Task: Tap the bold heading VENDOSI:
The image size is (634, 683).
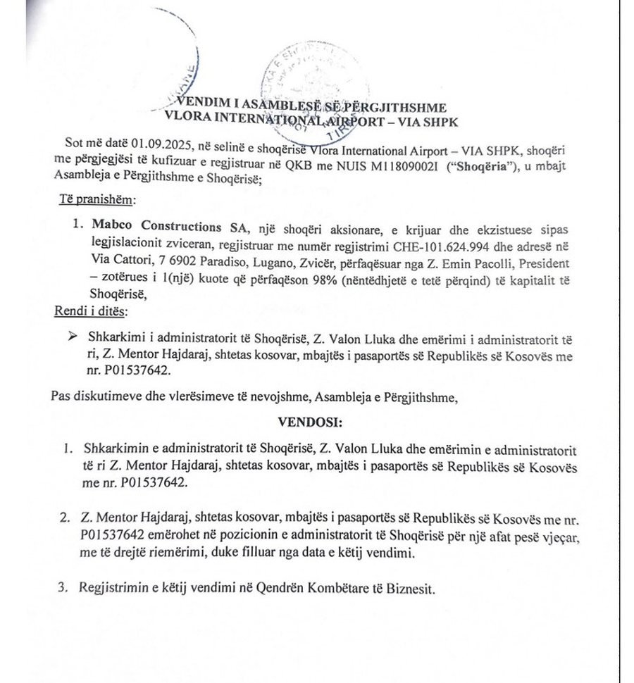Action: pos(311,425)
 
